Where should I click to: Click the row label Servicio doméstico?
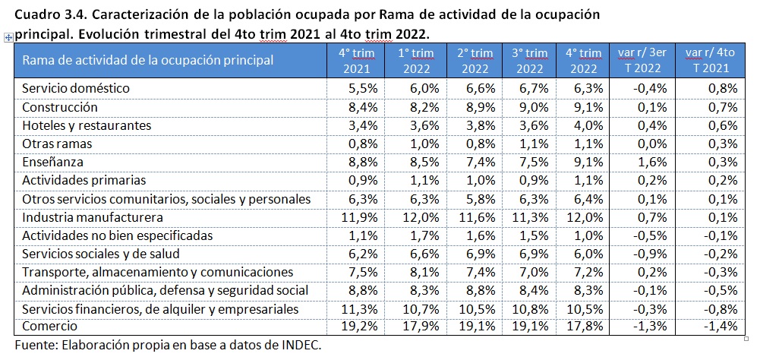[76, 88]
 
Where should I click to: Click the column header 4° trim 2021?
[355, 61]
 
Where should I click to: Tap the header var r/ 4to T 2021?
[710, 61]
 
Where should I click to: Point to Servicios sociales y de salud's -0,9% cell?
[645, 254]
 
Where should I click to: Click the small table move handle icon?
[8, 36]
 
